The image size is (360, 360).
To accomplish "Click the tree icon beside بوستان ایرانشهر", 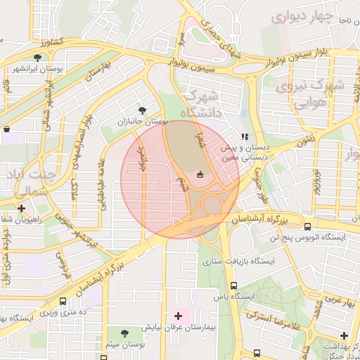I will [36, 58].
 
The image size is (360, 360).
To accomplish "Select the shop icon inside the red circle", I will [200, 174].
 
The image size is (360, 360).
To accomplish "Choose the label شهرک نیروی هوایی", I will [309, 94].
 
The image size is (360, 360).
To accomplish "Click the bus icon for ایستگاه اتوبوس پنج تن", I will [307, 226].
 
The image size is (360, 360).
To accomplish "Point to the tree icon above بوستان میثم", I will [125, 333].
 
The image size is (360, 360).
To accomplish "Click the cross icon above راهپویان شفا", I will [22, 208].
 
